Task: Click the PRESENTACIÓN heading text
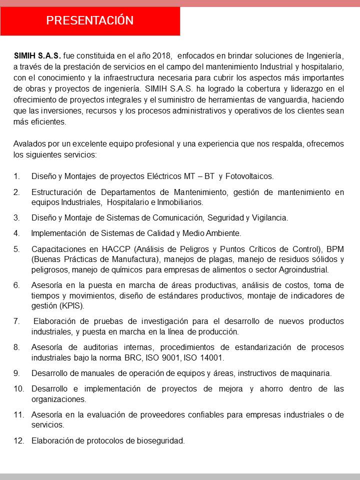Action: pos(90,20)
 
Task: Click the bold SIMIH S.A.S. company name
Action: pos(37,55)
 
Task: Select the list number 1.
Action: pos(16,176)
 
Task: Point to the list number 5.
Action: pos(16,248)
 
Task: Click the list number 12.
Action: pos(18,440)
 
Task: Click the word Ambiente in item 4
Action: pos(223,233)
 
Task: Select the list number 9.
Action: pos(16,373)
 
